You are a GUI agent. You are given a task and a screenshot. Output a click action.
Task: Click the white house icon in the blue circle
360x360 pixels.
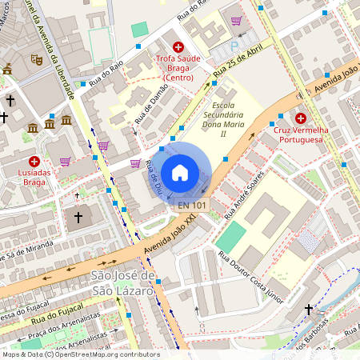[180, 172]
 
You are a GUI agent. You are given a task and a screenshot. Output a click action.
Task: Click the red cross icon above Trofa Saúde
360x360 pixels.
[177, 48]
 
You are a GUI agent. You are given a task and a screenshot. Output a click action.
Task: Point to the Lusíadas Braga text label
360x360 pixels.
[34, 177]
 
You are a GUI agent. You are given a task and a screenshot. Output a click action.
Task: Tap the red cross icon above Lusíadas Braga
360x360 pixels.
[34, 161]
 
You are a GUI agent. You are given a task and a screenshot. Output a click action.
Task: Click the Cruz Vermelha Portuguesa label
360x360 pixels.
[300, 134]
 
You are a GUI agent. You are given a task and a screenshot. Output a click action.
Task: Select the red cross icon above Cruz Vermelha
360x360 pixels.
[301, 118]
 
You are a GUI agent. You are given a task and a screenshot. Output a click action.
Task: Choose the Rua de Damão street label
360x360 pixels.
[150, 107]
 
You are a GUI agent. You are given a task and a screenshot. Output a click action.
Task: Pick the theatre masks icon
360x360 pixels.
[36, 58]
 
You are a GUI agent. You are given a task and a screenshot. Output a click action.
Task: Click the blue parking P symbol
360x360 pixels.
[234, 46]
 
